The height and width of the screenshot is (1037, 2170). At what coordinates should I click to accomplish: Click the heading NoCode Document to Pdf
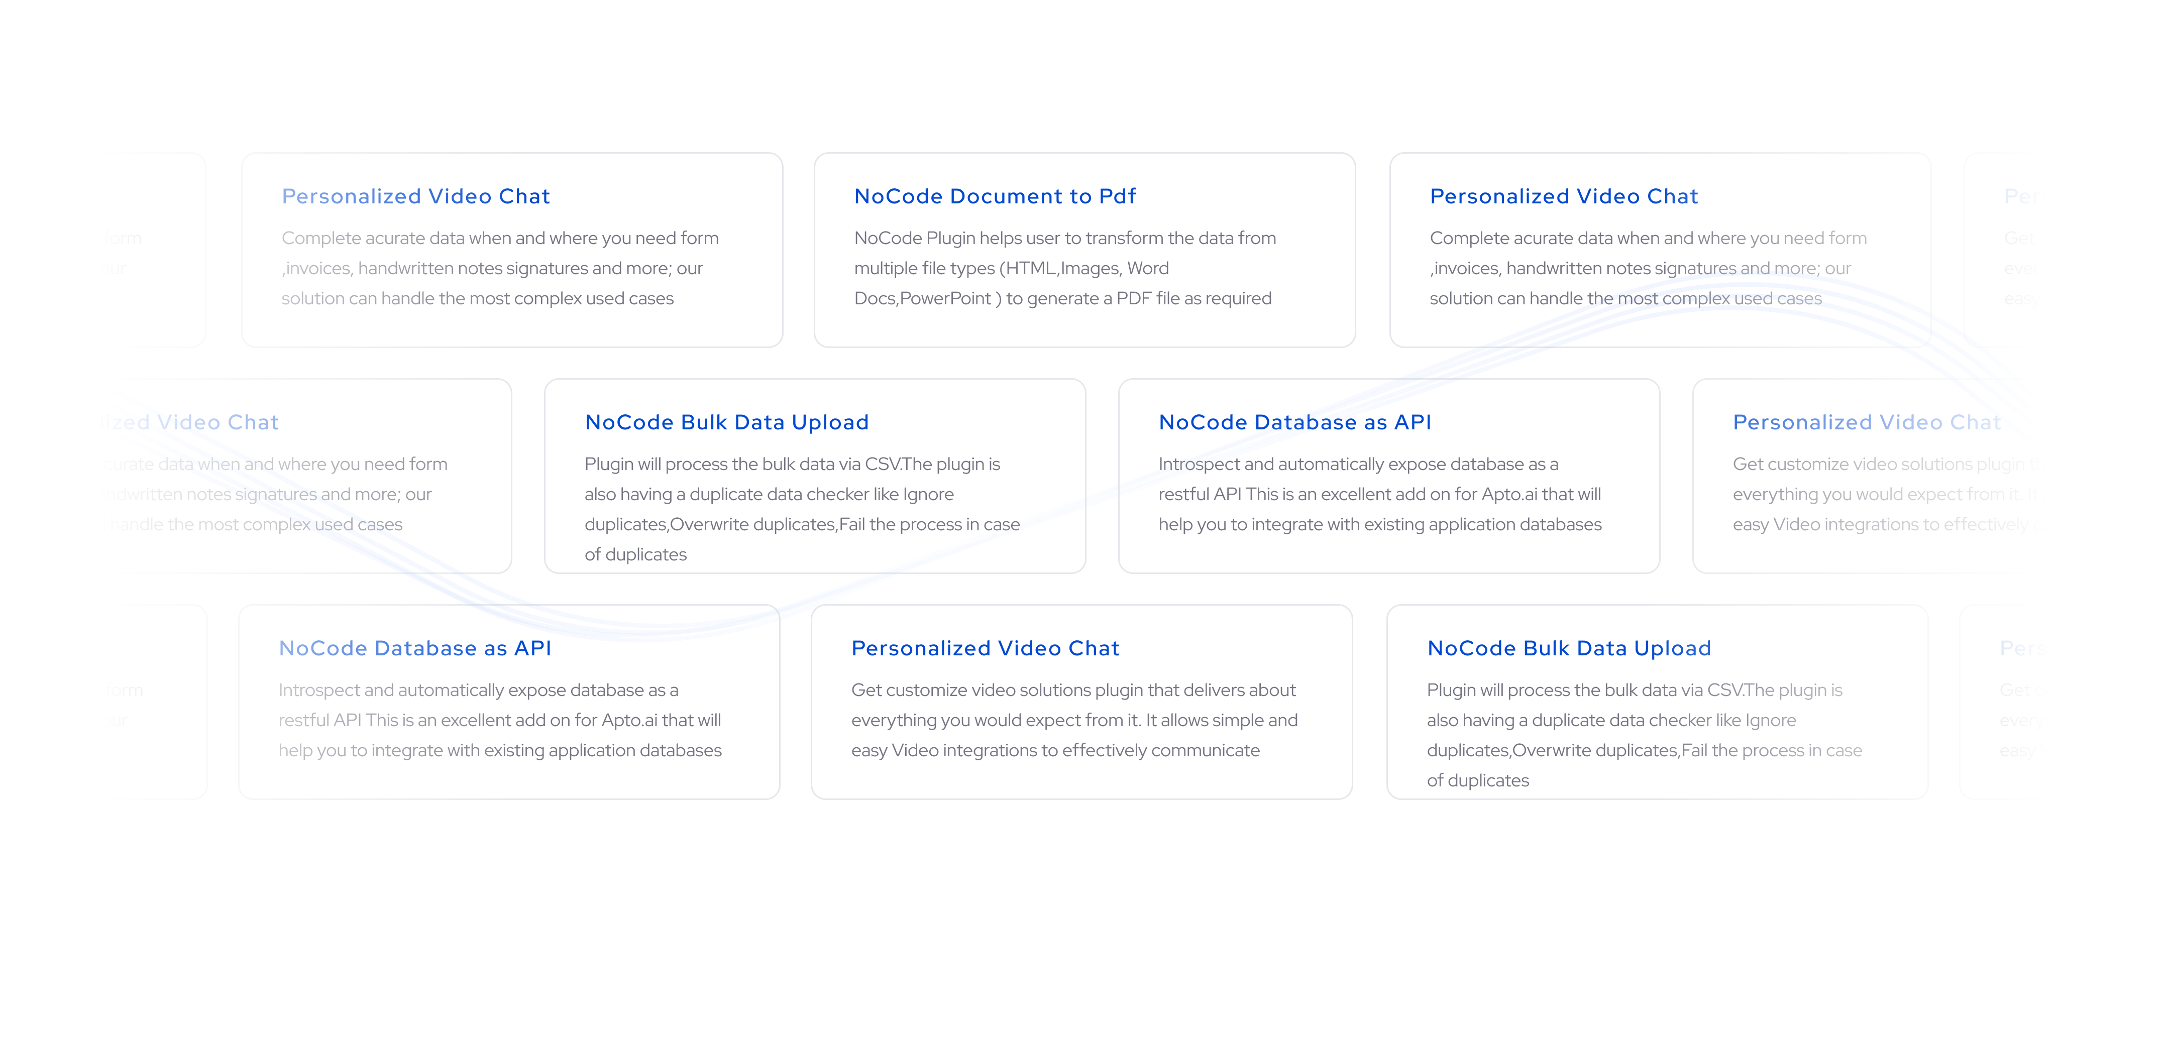tap(995, 196)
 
